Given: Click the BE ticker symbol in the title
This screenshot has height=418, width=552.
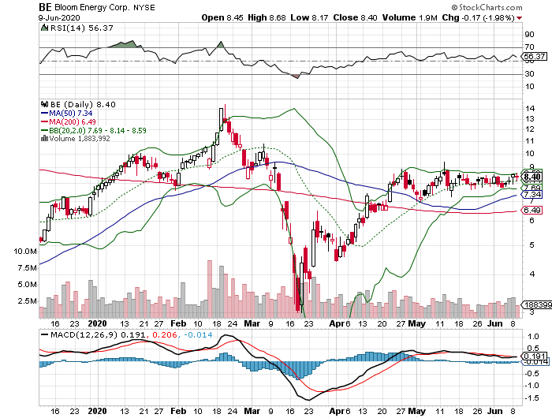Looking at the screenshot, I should point(47,6).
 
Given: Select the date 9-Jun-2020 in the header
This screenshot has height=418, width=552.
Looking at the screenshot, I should point(60,17).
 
